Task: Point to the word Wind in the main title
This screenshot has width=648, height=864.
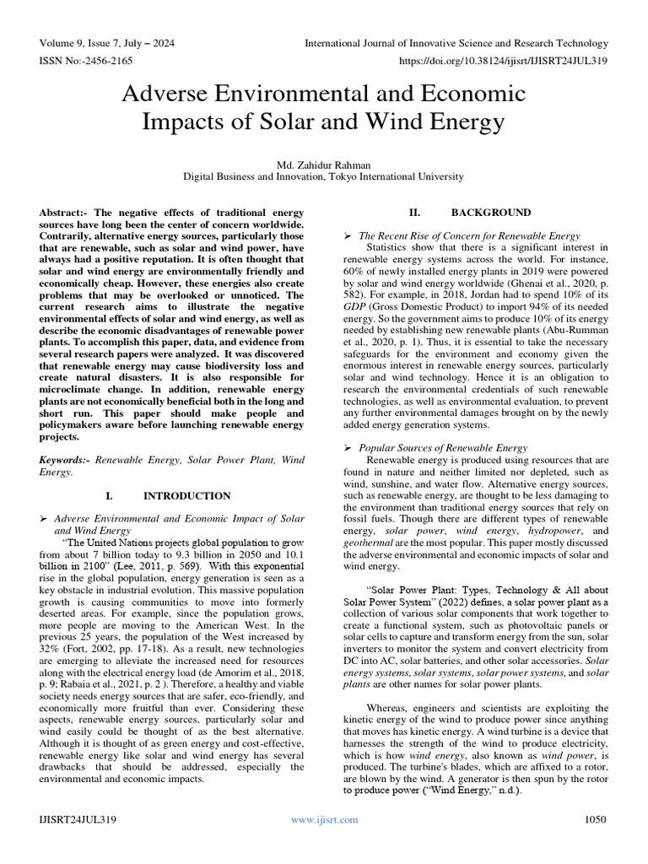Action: click(400, 122)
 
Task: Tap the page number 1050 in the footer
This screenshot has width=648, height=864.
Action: click(596, 819)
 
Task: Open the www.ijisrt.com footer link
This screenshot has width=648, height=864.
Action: click(323, 819)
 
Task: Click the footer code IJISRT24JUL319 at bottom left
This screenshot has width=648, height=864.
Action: click(78, 819)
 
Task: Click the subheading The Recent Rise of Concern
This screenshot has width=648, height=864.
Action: click(469, 236)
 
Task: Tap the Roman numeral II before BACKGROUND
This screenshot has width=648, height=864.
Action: click(396, 213)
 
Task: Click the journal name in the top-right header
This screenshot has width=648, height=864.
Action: click(456, 43)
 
